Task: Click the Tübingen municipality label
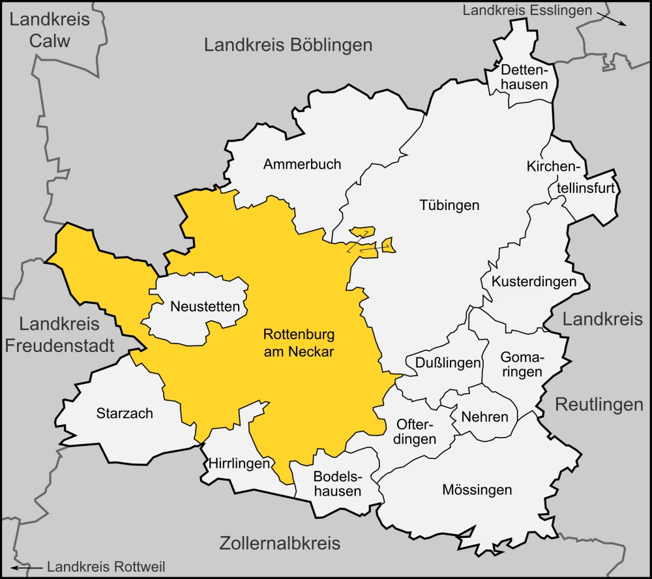(x=449, y=205)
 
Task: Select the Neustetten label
(x=205, y=306)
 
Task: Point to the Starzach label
(x=125, y=413)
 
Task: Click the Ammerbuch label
(x=302, y=164)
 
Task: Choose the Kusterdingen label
(x=533, y=282)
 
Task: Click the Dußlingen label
(x=443, y=363)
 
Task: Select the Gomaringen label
(x=521, y=364)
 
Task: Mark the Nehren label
(x=484, y=416)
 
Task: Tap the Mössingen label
(x=477, y=489)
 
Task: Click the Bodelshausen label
(x=336, y=483)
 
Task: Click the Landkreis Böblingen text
(x=288, y=45)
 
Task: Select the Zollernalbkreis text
(x=280, y=542)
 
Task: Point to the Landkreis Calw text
(x=50, y=30)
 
